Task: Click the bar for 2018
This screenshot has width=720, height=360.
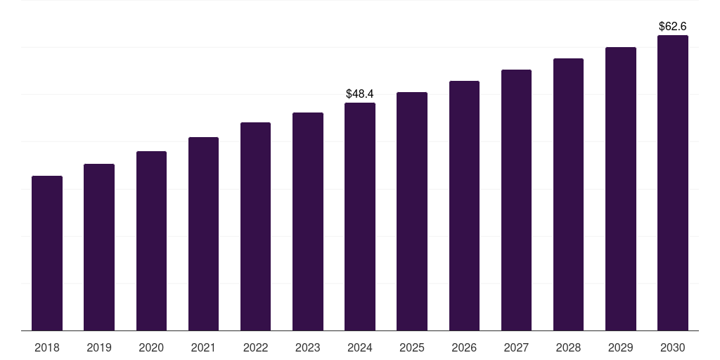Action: (47, 253)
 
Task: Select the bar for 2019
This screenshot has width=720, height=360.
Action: (99, 247)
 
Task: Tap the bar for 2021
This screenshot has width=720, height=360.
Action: (203, 233)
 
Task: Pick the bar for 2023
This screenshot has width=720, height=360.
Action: (308, 221)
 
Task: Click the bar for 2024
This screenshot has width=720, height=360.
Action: (360, 217)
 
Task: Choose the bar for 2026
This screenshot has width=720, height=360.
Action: (464, 205)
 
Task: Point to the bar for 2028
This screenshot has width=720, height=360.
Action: (568, 194)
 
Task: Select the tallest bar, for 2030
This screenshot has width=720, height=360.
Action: (673, 183)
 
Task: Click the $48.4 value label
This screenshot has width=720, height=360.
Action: (360, 94)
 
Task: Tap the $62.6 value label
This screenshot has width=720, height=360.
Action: (673, 26)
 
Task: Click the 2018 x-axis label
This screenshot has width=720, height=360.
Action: (47, 347)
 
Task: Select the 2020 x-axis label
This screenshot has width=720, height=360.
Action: (151, 347)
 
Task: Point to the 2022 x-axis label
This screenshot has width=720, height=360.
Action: (255, 347)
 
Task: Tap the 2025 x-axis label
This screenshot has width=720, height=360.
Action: (412, 347)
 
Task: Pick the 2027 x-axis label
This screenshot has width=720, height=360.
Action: (516, 347)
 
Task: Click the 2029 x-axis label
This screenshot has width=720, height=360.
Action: (620, 347)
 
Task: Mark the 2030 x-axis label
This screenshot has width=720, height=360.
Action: (673, 347)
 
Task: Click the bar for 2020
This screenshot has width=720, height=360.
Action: (151, 240)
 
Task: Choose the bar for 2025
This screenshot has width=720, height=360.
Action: (412, 211)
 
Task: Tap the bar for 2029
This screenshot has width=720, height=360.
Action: (620, 188)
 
